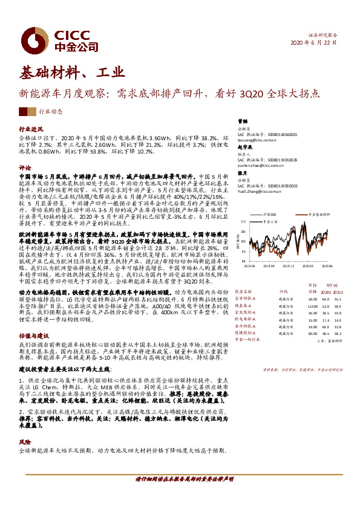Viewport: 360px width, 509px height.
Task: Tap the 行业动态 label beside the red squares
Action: [x=51, y=112]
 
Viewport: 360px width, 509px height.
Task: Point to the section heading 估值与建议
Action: [x=33, y=334]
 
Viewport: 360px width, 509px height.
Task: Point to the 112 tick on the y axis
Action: [x=243, y=221]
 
